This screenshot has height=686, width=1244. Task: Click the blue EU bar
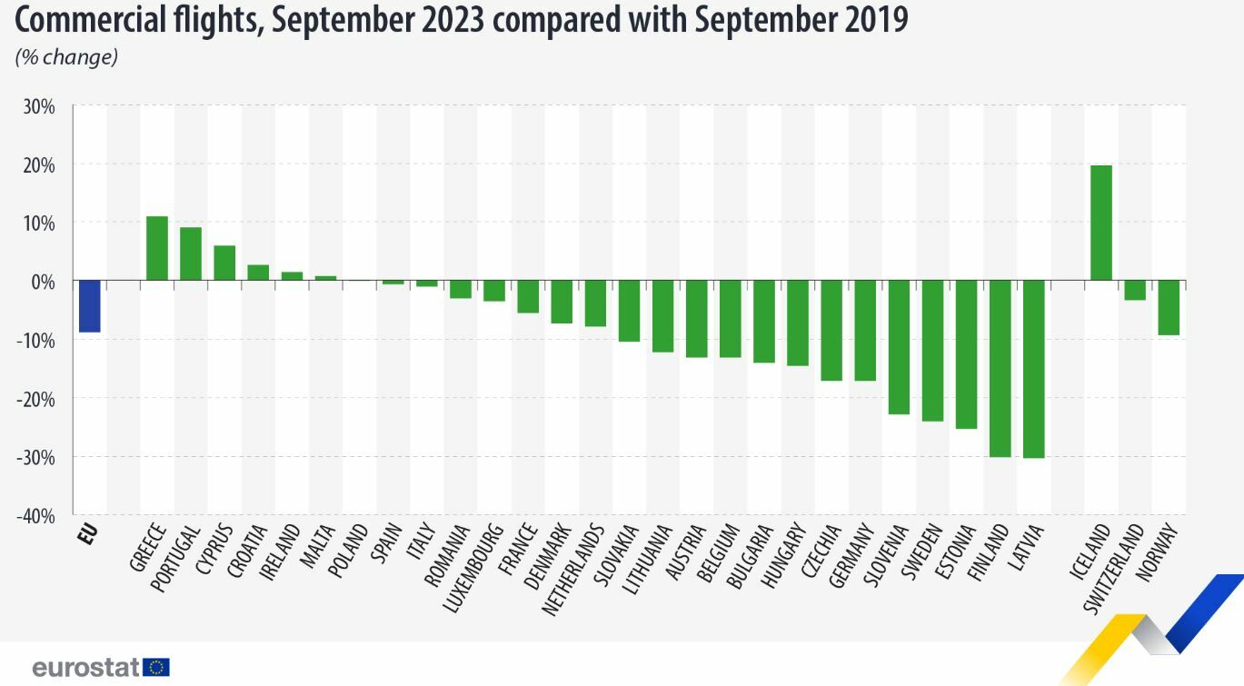(x=89, y=306)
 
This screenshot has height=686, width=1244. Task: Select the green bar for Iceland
(x=1100, y=223)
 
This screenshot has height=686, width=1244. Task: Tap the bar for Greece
(x=157, y=248)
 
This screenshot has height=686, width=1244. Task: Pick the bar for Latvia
(x=1033, y=369)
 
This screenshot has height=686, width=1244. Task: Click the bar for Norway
(x=1169, y=308)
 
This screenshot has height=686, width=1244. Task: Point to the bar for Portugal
(x=191, y=254)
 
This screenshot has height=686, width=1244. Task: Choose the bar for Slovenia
(x=899, y=347)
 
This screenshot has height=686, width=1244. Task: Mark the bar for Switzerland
(x=1135, y=290)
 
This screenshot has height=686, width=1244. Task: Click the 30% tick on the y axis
(x=39, y=107)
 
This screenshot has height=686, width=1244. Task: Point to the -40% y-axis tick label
(x=37, y=515)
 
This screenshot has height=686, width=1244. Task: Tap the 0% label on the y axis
(x=44, y=282)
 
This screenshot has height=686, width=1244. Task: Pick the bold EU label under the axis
(x=88, y=533)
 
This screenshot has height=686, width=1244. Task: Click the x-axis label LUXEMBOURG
(x=473, y=568)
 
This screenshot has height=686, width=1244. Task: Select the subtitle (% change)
(x=66, y=56)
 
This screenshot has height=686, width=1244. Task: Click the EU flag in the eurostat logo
(x=155, y=668)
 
